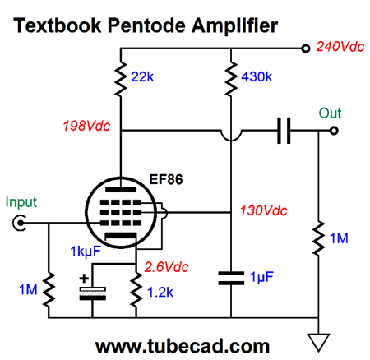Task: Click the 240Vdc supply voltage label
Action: [x=340, y=47]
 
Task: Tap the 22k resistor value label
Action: [x=142, y=76]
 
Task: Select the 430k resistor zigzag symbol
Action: [x=231, y=79]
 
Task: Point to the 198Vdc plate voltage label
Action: [x=86, y=126]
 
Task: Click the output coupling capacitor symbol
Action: [x=284, y=131]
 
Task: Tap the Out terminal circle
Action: [x=334, y=131]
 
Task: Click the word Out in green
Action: [x=330, y=113]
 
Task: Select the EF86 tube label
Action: [x=166, y=179]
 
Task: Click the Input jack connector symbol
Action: [x=19, y=223]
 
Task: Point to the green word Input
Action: [x=21, y=202]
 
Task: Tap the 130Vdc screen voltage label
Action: [x=264, y=210]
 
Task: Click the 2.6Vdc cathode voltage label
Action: [x=167, y=267]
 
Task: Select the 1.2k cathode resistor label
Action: [x=160, y=293]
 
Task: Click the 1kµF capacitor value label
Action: [x=86, y=252]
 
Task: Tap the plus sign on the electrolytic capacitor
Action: [x=84, y=279]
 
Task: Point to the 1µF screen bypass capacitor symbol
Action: [x=231, y=278]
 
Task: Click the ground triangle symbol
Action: [x=318, y=342]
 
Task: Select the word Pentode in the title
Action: [x=146, y=25]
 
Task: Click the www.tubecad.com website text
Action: [x=183, y=346]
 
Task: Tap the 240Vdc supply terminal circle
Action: [x=306, y=48]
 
